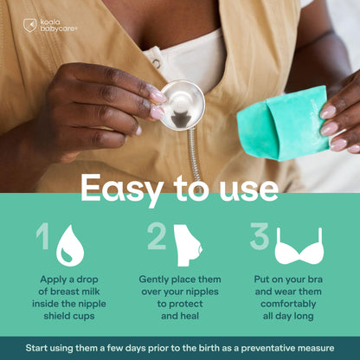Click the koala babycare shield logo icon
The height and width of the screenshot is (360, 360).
point(30,25)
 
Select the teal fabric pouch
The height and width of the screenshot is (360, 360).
point(283,123)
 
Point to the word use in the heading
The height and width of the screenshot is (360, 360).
point(249,190)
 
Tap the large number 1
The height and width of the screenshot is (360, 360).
point(42,235)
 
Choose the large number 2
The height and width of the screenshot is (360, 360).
point(157,235)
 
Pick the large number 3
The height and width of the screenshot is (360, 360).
point(260,236)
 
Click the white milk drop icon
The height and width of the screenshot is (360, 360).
point(70,246)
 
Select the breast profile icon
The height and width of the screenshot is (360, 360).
point(187,246)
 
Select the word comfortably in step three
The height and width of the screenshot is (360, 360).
point(288,304)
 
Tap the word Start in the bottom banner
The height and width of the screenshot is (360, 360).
point(35,348)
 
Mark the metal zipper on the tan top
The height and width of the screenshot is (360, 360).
point(195,157)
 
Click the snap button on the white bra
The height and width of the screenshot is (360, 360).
point(157,63)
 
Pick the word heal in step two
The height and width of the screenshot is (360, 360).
point(190,316)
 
